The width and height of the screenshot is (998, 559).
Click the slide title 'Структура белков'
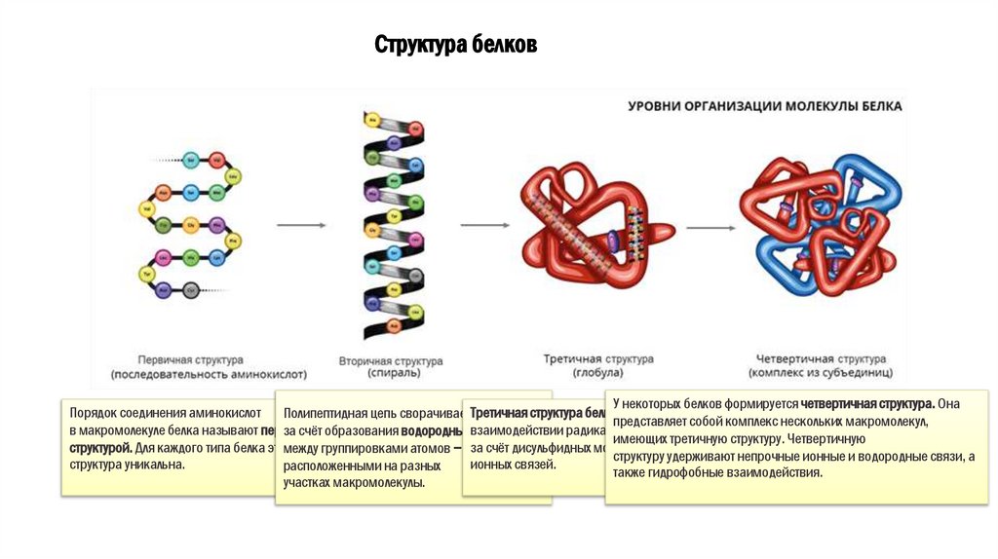click(x=455, y=46)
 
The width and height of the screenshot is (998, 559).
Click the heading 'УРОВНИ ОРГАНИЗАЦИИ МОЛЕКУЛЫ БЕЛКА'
click(x=765, y=106)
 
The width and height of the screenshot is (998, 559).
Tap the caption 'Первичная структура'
click(x=191, y=359)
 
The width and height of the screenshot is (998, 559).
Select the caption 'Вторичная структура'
click(x=390, y=360)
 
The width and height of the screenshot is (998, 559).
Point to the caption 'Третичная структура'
click(x=598, y=359)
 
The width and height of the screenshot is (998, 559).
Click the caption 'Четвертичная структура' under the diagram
click(x=821, y=359)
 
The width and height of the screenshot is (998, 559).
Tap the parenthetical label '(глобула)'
click(x=598, y=373)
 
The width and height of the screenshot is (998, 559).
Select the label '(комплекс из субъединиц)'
click(x=821, y=373)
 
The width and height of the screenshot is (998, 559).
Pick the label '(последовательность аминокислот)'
click(x=209, y=373)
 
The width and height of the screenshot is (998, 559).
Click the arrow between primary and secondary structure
click(x=300, y=225)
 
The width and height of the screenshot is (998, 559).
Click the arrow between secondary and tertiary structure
click(x=484, y=225)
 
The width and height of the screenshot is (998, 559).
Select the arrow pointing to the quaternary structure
click(x=710, y=228)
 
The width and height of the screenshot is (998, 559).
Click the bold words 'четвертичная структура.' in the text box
click(x=868, y=403)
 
